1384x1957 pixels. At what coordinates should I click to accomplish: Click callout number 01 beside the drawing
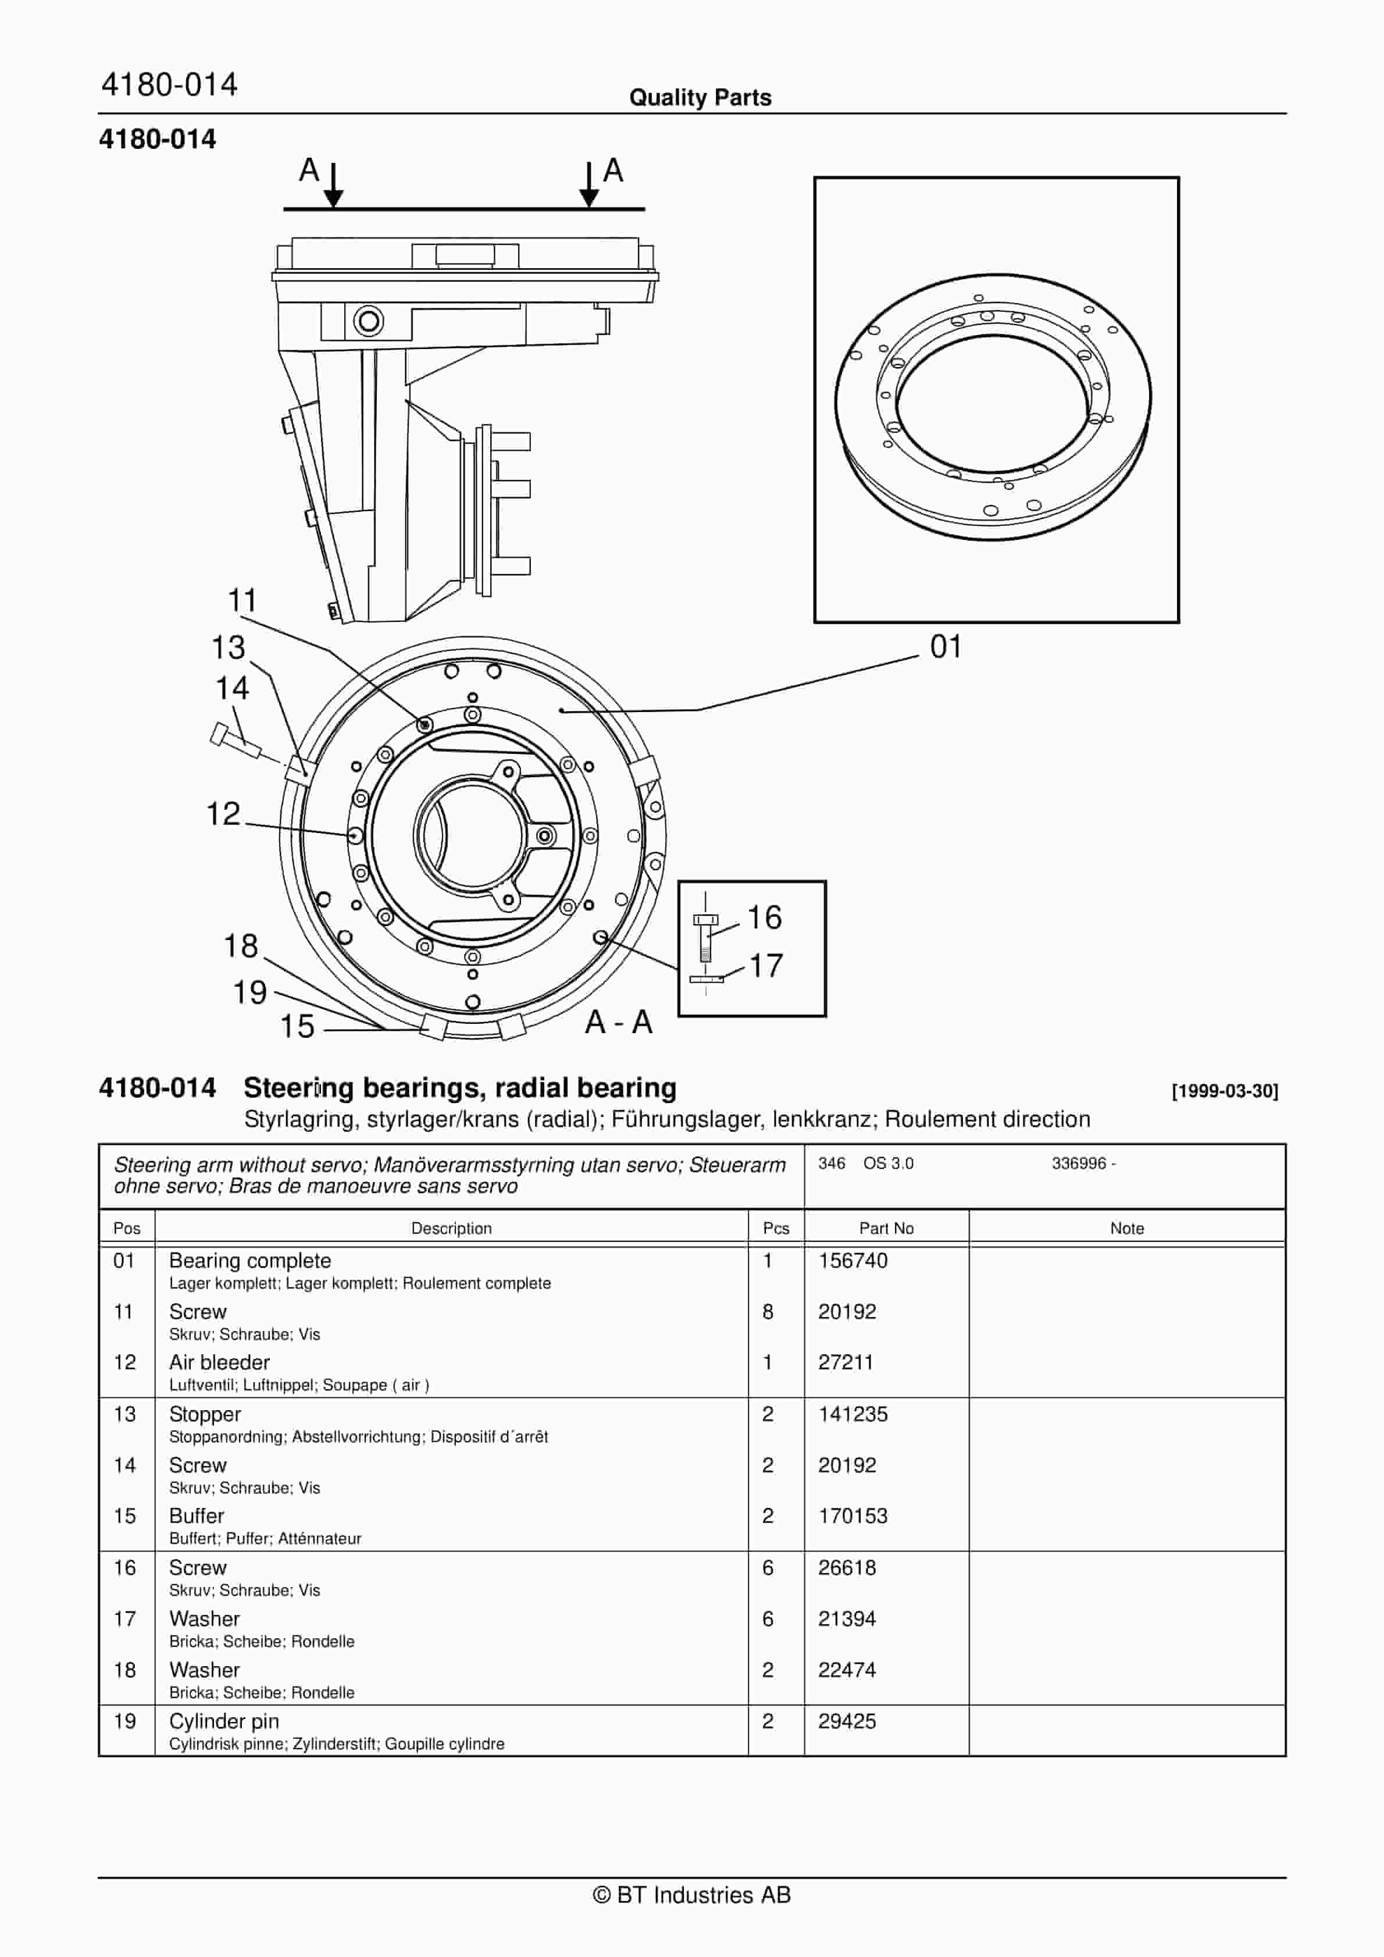(945, 647)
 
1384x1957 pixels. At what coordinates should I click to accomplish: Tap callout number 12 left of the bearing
(223, 814)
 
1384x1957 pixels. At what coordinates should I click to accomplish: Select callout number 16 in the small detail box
(765, 918)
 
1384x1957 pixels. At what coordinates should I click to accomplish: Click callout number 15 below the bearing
(297, 1026)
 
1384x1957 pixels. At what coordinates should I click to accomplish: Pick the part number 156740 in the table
(852, 1261)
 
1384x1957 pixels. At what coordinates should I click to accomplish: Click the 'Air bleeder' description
(219, 1362)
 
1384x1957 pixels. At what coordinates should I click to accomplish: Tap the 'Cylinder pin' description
(224, 1721)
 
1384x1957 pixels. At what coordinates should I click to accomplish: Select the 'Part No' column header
(886, 1228)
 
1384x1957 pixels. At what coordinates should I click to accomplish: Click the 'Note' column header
(1126, 1228)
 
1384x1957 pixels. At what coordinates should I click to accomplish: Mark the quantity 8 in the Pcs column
(768, 1312)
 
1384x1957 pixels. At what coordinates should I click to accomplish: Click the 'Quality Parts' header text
(700, 98)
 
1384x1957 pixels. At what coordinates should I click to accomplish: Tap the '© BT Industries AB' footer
(692, 1895)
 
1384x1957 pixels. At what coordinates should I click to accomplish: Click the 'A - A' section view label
(619, 1022)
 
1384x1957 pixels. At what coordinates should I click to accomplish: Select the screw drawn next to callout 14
(235, 741)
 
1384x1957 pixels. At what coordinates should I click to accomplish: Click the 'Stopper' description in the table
(205, 1414)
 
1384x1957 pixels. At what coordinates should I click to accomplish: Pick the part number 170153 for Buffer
(852, 1517)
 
